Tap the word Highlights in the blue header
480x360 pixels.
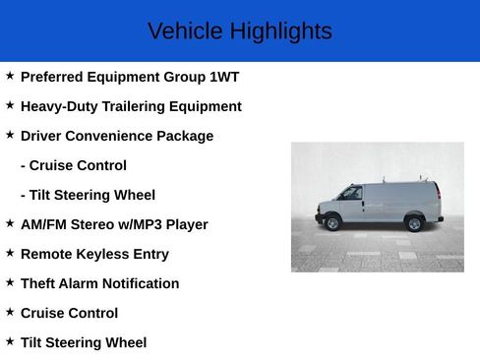pyautogui.click(x=280, y=31)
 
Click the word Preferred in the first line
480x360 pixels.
pyautogui.click(x=54, y=77)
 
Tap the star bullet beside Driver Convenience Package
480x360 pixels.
pyautogui.click(x=10, y=135)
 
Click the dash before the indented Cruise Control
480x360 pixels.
pyautogui.click(x=23, y=165)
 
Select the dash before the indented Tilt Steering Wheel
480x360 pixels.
pyautogui.click(x=23, y=195)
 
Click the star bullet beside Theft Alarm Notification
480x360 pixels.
pyautogui.click(x=10, y=282)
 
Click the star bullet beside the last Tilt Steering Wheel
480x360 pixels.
pyautogui.click(x=10, y=341)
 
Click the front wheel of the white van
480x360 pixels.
pyautogui.click(x=332, y=223)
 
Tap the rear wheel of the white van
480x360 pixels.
pyautogui.click(x=414, y=224)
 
